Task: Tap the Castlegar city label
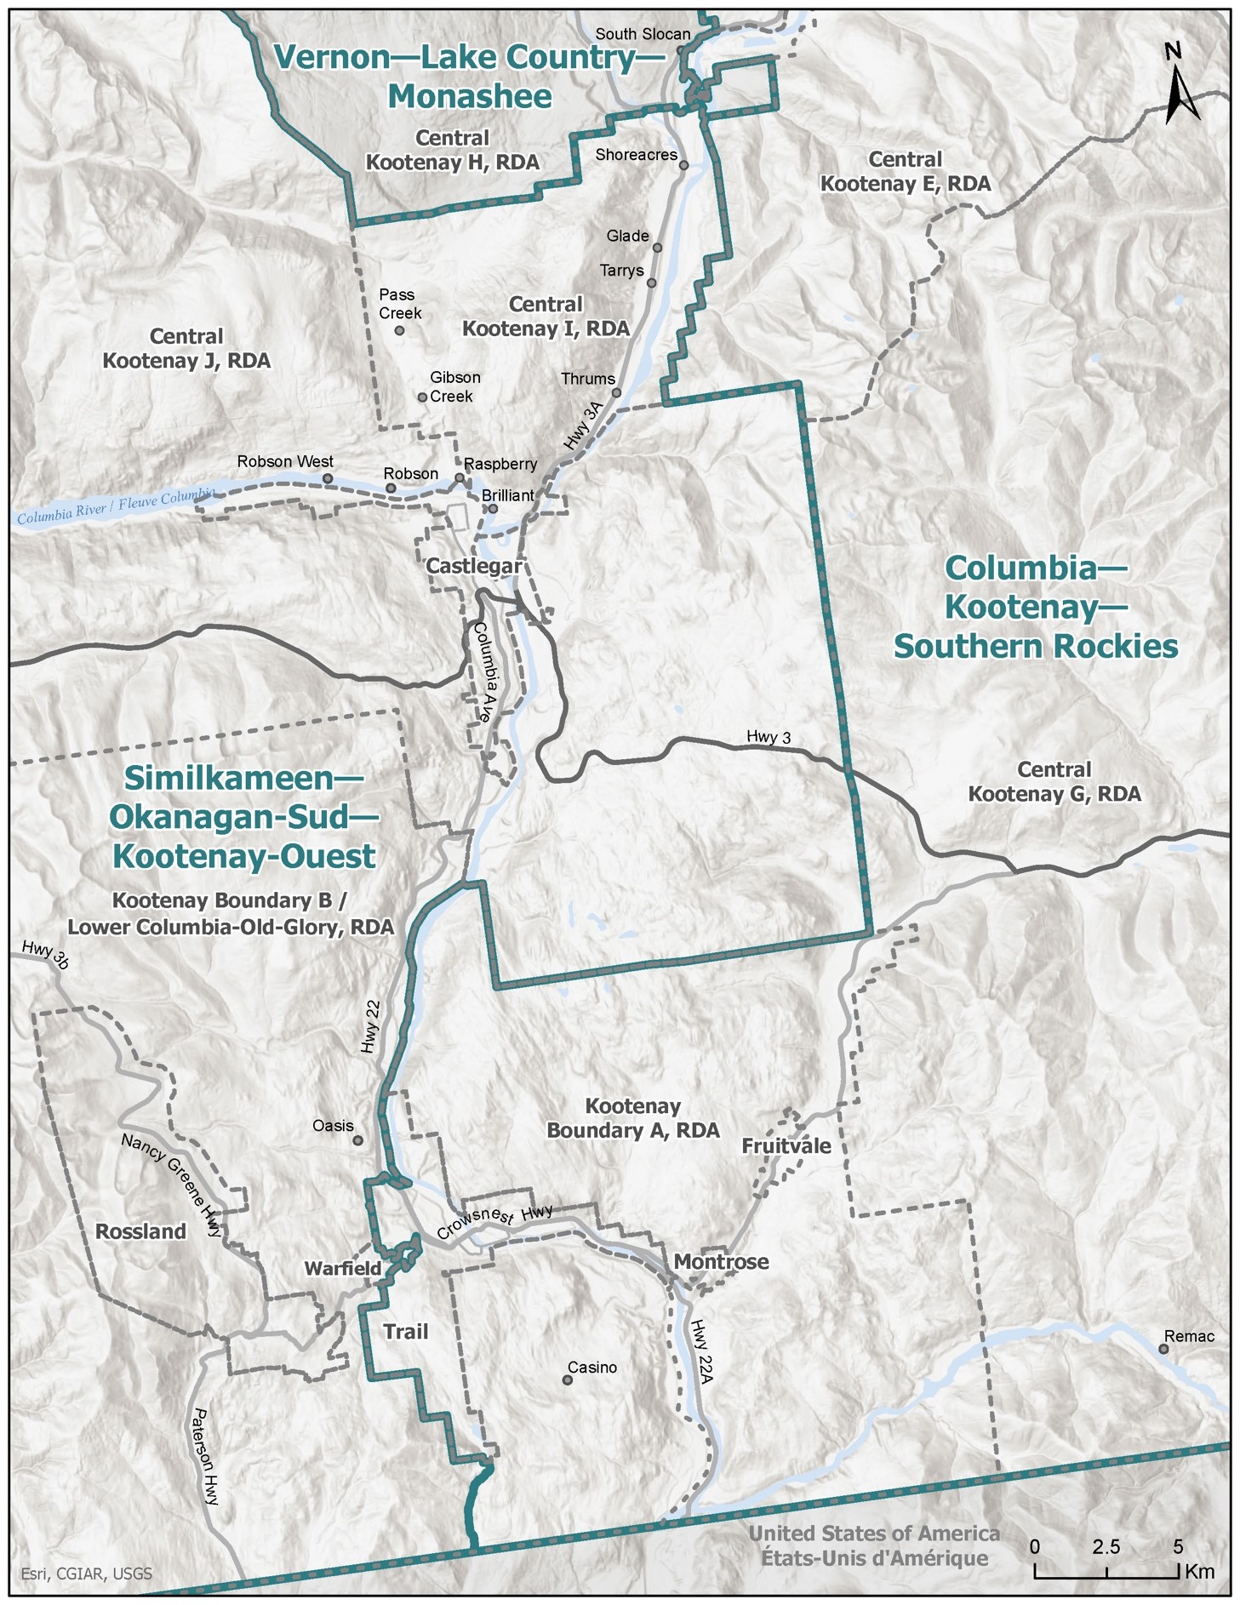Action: click(x=473, y=566)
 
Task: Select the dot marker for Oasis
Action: click(x=358, y=1140)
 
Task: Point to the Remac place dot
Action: click(x=1163, y=1349)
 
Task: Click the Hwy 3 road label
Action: click(x=769, y=737)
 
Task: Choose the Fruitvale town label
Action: click(x=786, y=1145)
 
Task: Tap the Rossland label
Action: click(x=140, y=1231)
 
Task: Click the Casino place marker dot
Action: click(x=568, y=1379)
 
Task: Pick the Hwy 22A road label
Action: click(x=701, y=1351)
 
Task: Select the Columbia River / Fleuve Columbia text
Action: click(x=116, y=506)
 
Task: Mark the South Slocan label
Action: click(x=643, y=34)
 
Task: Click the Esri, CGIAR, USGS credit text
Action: click(x=86, y=1574)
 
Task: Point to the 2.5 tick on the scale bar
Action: click(x=1106, y=1546)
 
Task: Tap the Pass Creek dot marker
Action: click(x=399, y=331)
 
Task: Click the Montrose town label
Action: click(x=721, y=1261)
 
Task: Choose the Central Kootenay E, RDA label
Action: click(x=906, y=171)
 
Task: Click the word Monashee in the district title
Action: click(x=470, y=96)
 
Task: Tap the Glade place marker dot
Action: click(x=658, y=248)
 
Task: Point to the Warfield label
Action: click(x=343, y=1268)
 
